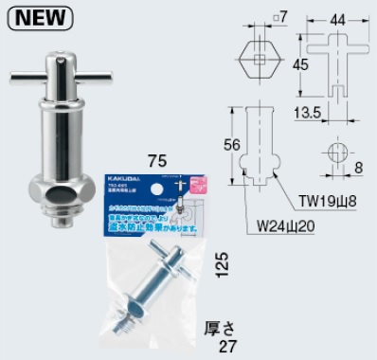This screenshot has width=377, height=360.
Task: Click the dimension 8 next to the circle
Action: coord(359,168)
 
